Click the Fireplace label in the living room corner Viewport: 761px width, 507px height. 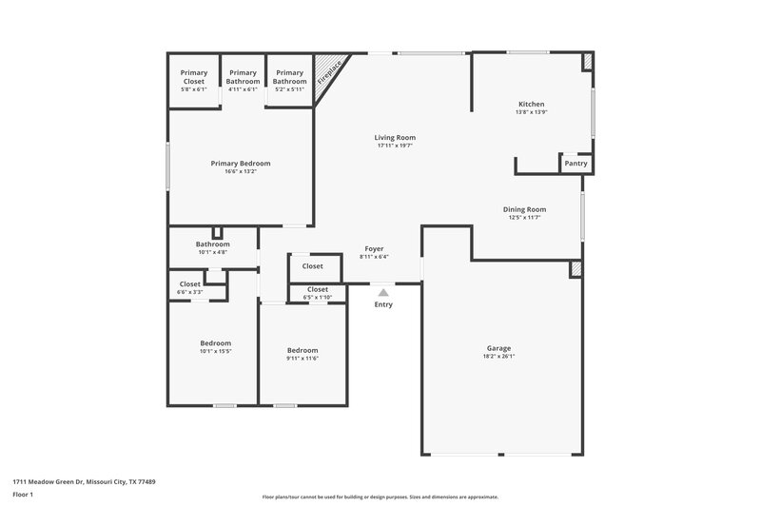pos(330,70)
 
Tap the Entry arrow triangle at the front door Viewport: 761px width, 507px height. pos(382,293)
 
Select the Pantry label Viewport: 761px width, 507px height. pos(576,164)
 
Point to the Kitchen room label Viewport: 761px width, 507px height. pos(531,104)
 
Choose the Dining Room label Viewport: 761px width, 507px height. pos(525,209)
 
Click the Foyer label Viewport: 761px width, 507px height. pos(375,248)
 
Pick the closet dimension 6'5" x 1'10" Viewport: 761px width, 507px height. pos(317,298)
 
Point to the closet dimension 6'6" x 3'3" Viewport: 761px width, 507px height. pos(189,292)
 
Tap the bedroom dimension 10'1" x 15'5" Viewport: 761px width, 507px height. pos(215,351)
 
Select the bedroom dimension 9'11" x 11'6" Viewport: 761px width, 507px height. pos(302,358)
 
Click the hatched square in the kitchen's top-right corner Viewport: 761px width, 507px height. pos(588,62)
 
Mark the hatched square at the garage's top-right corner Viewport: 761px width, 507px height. pos(576,270)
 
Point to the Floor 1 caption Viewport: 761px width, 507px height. pos(24,495)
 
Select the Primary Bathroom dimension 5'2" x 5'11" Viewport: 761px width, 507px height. pos(290,89)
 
